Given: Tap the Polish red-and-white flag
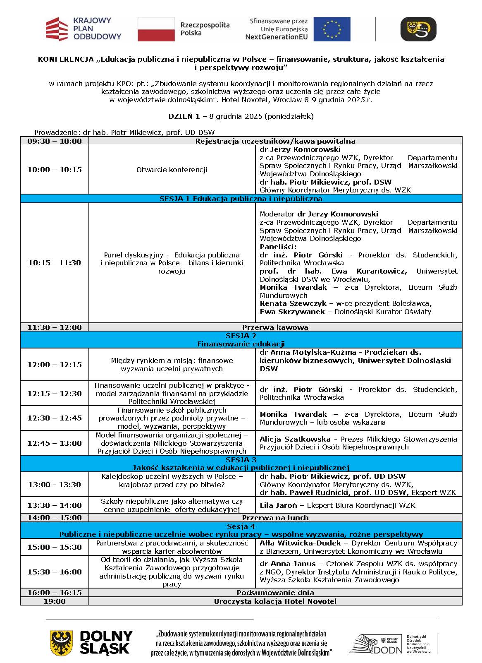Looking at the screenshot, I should tap(156, 29).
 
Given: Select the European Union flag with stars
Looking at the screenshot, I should tap(332, 29).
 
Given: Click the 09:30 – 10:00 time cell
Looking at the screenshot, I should tap(55, 141).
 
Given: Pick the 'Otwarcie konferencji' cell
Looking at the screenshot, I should tap(172, 170).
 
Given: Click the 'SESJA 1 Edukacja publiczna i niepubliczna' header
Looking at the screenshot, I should tap(241, 199).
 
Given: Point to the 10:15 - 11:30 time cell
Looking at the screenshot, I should tap(55, 263).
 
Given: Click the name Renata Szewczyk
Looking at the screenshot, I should tap(293, 303).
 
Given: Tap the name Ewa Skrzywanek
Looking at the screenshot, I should tap(292, 312).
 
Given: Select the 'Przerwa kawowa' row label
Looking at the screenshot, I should tap(275, 327).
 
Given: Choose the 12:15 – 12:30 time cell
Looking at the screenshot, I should tap(55, 394).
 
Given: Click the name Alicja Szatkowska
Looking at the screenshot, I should tap(295, 439).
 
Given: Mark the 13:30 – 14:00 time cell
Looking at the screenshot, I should tap(55, 505).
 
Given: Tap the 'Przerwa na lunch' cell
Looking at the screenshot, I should tap(275, 518).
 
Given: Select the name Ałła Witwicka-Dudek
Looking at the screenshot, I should tap(301, 543).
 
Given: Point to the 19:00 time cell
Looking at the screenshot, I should tap(55, 601).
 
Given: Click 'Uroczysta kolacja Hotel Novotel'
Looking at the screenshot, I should tap(275, 601).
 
